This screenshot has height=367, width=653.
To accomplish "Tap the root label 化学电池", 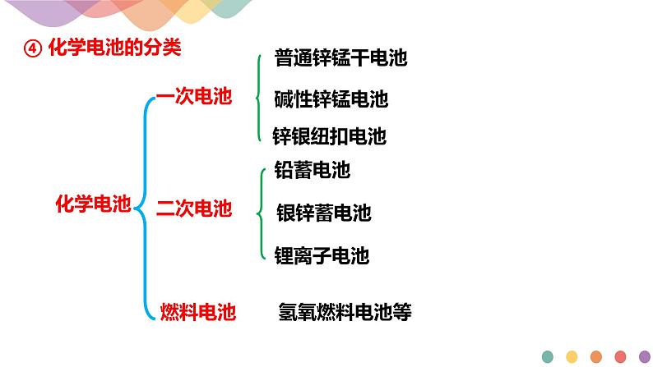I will click(x=93, y=204).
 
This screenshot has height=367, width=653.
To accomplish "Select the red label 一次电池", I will click(x=193, y=96).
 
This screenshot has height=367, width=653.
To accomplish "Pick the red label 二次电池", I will click(x=194, y=209).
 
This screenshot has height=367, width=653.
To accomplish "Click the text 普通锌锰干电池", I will click(x=340, y=58).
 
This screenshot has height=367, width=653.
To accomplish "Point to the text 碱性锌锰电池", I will click(x=331, y=100).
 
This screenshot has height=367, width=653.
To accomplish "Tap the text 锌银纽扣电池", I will click(x=329, y=135).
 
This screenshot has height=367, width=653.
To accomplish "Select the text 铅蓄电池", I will click(x=312, y=170).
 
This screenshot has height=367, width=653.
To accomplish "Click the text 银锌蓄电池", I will click(x=324, y=213).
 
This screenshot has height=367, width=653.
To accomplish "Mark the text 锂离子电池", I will click(x=321, y=256).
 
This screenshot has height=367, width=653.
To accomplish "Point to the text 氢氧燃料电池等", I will click(x=345, y=312).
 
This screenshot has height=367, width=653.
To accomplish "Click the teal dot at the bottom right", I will click(x=548, y=356).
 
